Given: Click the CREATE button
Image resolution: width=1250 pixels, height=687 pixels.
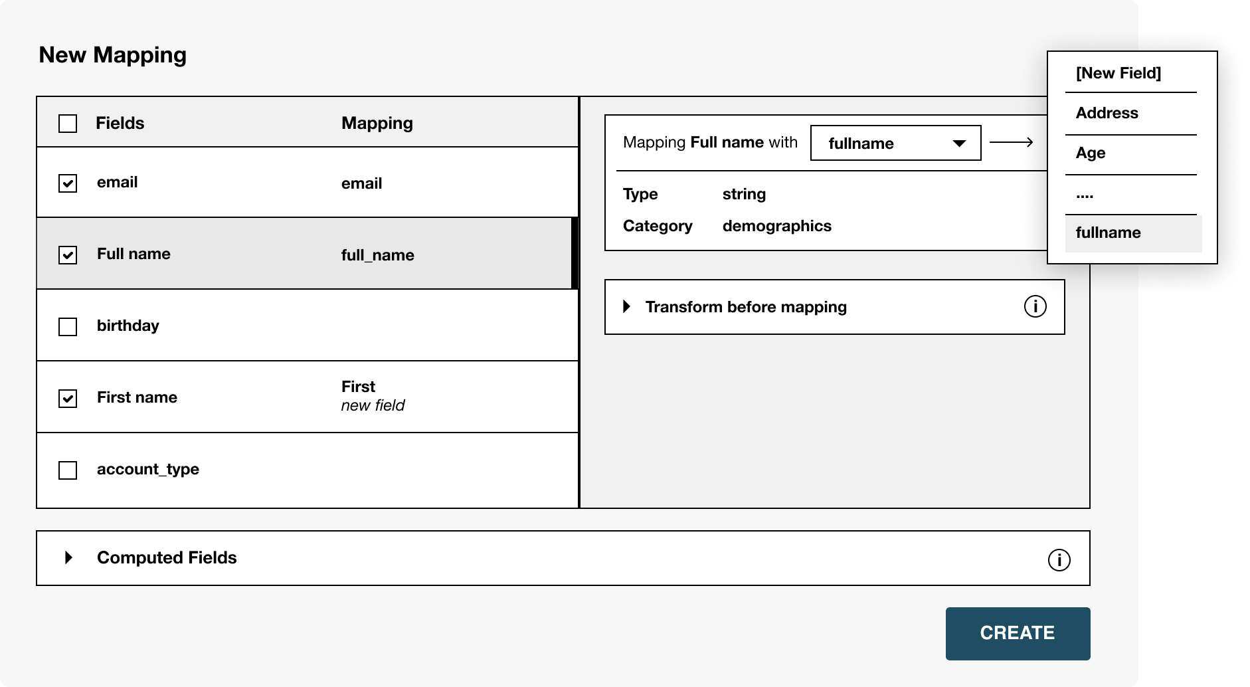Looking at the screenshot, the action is [x=1018, y=633].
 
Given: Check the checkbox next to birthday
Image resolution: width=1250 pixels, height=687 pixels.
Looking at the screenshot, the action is [x=68, y=327].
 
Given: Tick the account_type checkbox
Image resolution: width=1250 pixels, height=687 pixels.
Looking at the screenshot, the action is [x=68, y=470].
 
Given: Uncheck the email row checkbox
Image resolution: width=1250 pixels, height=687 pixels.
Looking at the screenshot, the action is [x=68, y=183].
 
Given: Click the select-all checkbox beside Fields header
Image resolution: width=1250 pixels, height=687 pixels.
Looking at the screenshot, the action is [x=68, y=124].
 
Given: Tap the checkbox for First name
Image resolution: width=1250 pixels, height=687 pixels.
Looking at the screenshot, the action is [x=68, y=399].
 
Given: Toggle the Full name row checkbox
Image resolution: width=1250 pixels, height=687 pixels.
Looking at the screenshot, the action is [x=68, y=255].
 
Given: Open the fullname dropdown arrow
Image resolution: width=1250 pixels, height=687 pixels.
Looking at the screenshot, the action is [x=959, y=144].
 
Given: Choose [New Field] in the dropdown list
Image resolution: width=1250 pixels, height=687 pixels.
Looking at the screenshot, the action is [x=1118, y=73].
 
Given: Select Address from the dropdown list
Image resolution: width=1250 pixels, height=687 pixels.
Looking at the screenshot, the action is [x=1107, y=113].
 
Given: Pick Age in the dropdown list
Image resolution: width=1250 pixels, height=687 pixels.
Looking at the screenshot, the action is [x=1091, y=153].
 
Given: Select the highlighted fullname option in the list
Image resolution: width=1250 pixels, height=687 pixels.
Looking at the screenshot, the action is [x=1134, y=233].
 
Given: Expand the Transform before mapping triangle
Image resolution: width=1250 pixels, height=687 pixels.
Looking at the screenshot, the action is [x=626, y=306].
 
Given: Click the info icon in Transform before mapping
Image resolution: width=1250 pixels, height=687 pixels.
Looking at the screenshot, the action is [x=1035, y=306].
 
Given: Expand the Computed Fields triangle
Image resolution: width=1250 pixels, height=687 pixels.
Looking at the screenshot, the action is [x=68, y=557].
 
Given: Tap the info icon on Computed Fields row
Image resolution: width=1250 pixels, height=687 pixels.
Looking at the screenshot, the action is [x=1059, y=560].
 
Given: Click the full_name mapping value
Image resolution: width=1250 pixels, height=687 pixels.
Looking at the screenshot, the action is [x=377, y=256].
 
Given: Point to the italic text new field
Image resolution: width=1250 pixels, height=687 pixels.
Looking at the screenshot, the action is [x=373, y=405].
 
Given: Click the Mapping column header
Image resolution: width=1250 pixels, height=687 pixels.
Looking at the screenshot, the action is [x=377, y=124].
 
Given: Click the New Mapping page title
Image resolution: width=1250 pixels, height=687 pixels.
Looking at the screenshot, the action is [x=113, y=55].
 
